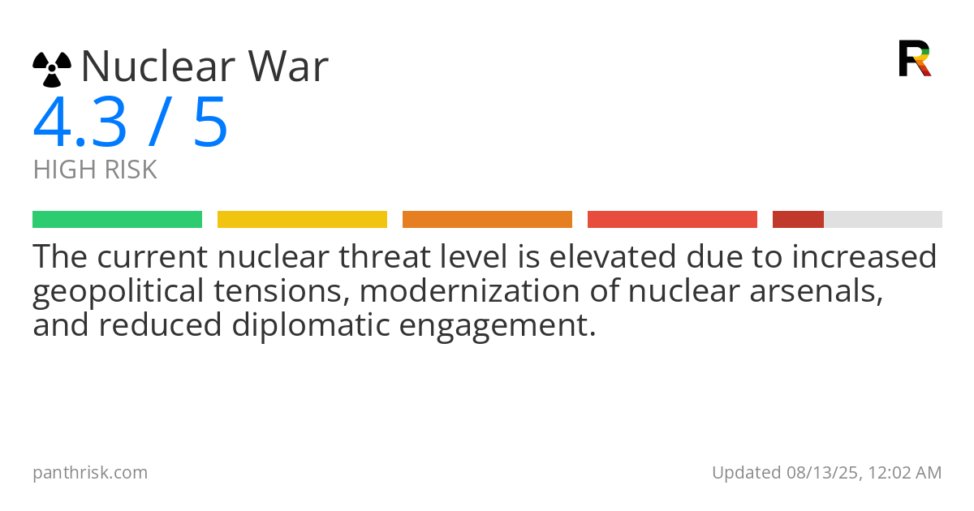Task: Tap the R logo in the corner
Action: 915,58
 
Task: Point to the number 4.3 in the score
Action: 80,123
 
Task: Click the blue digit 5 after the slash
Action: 211,123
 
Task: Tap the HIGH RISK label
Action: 95,170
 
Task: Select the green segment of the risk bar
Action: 117,219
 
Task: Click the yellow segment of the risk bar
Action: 302,219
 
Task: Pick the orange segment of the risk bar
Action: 487,219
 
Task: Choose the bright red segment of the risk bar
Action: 672,219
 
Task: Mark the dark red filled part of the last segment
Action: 798,219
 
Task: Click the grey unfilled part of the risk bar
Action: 883,219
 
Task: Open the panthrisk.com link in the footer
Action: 90,473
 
